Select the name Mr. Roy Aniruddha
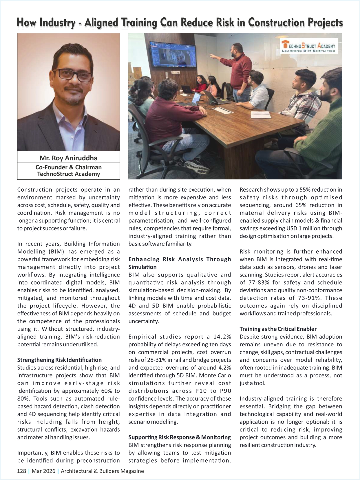point(68,158)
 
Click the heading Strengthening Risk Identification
point(59,360)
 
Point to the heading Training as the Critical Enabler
point(278,329)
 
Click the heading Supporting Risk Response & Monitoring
point(180,437)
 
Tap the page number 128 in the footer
point(21,471)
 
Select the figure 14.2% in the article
point(222,337)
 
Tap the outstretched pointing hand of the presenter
point(212,55)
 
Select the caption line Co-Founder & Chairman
point(68,167)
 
